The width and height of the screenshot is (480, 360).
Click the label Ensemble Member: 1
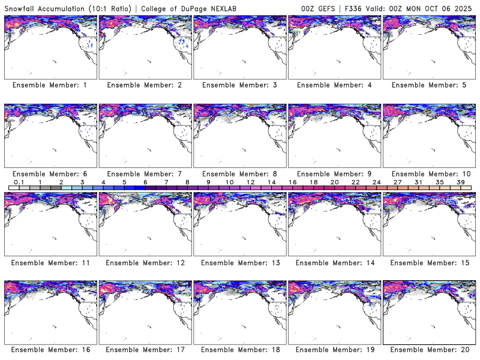[50, 85]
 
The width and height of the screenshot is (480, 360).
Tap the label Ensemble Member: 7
[144, 174]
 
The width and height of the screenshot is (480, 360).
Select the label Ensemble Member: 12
[144, 263]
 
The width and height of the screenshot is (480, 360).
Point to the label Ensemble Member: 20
[429, 349]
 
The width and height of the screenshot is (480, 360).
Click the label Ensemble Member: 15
[429, 263]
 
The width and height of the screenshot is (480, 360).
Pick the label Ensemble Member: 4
[334, 85]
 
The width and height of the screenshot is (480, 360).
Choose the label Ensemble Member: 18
[239, 349]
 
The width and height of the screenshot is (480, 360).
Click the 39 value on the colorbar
[460, 182]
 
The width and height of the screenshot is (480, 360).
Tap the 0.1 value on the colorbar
[19, 182]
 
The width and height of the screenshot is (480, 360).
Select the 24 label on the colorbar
[376, 182]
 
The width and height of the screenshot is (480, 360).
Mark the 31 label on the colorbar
[418, 182]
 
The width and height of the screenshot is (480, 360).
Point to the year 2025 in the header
[464, 8]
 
